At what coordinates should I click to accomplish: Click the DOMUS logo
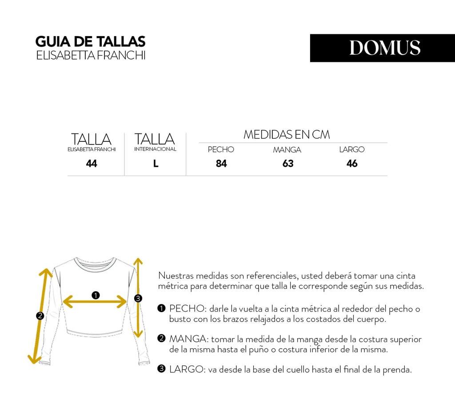coord(384,48)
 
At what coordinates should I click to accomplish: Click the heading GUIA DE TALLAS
coord(90,42)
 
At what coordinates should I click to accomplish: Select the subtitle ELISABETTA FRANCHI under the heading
coord(91,56)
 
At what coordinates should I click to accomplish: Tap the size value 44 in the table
coord(92,164)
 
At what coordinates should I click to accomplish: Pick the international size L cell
coord(156,164)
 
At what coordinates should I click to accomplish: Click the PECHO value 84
coord(221,164)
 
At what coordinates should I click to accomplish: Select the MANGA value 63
coord(288,164)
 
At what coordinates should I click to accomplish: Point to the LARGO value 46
coord(352,164)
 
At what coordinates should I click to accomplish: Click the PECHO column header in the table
coord(221,149)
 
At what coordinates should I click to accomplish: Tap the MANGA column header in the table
coord(287,150)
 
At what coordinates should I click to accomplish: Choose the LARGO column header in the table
coord(352,149)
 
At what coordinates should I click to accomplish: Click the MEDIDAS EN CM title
coord(287,135)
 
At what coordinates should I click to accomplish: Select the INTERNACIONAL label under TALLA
coord(155,149)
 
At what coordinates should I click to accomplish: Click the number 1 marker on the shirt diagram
coord(95,295)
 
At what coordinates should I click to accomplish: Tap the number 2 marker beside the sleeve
coord(40,316)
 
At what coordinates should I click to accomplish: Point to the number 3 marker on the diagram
coord(138,298)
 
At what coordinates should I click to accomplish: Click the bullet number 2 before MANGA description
coord(162,338)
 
